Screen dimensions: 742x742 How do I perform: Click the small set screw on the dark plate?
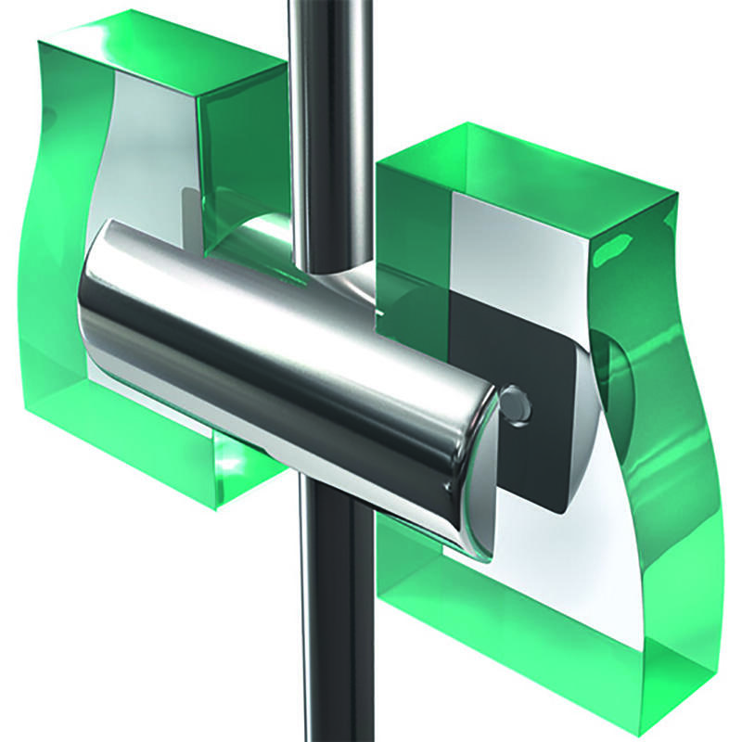pos(515,403)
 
